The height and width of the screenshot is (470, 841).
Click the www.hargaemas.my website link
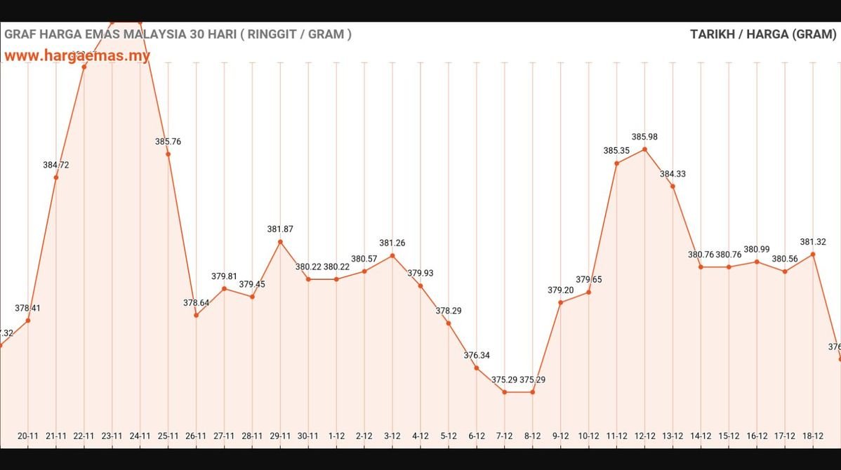(77, 55)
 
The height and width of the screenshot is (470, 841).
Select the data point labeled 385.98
(644, 149)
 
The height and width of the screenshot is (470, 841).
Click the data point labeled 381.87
(280, 242)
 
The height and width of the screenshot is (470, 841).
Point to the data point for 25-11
(168, 154)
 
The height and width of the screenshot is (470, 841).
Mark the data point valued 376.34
(477, 368)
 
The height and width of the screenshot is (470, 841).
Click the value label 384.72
(56, 165)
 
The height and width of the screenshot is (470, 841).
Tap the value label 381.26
(392, 243)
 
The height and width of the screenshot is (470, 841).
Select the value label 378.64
(197, 303)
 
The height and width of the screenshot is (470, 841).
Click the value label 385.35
(616, 151)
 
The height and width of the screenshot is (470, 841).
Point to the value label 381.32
(813, 242)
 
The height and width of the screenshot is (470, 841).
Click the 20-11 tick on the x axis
(28, 436)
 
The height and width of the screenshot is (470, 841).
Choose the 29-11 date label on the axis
(280, 436)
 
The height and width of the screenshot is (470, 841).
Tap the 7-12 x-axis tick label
(504, 436)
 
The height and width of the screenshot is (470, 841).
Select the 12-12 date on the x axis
(644, 436)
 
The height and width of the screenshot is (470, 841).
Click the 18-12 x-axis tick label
(813, 436)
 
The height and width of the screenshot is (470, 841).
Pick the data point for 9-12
(560, 302)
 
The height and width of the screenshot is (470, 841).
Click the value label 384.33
(673, 174)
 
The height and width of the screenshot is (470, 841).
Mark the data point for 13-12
(673, 186)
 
